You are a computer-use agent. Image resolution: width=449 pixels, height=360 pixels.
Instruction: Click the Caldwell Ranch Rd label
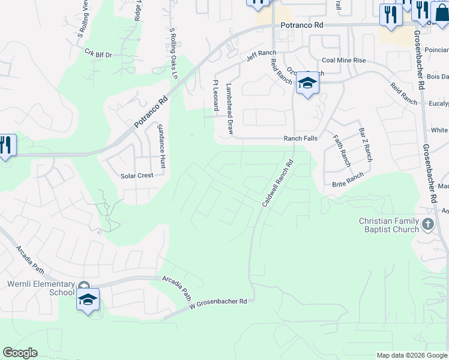coord(277,183)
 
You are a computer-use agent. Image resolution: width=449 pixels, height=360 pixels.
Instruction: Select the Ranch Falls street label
coord(300,139)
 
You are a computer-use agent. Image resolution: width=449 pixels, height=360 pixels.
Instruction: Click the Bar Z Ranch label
coord(366,145)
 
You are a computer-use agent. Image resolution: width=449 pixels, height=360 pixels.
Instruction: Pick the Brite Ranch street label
coord(348,178)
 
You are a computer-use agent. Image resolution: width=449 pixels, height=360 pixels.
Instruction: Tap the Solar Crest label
coord(137,175)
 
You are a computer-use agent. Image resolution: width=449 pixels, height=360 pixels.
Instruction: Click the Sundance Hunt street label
coord(161,146)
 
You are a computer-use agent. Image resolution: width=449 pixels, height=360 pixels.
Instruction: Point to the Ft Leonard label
coord(215,95)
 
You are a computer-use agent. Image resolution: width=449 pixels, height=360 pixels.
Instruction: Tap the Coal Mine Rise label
coord(343,61)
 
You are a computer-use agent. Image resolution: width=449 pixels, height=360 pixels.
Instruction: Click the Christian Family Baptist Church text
coord(389,225)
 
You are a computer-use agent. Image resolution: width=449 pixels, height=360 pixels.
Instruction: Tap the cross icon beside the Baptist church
coord(428,225)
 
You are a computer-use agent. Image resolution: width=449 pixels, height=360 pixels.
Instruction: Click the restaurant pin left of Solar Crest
coord(6,146)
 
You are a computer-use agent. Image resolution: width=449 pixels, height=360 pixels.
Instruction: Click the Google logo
coord(20,353)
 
